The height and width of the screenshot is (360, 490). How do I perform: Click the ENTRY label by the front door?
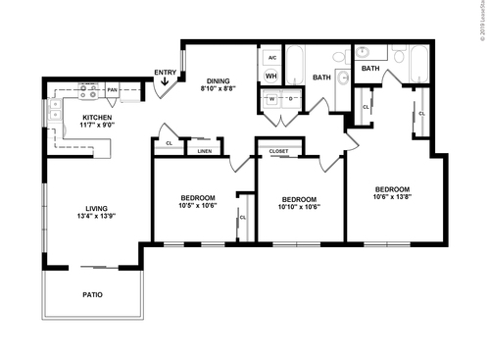click(x=166, y=73)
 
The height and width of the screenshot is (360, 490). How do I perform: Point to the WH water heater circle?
click(x=270, y=77)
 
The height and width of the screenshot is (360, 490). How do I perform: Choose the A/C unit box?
click(x=270, y=57)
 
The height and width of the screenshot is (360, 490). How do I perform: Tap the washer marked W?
click(x=269, y=99)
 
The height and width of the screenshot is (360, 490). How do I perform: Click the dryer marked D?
click(x=290, y=99)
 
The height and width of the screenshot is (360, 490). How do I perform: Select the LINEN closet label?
click(x=204, y=151)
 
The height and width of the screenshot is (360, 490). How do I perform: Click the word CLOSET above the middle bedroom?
click(x=278, y=151)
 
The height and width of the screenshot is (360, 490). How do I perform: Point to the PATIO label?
click(x=92, y=293)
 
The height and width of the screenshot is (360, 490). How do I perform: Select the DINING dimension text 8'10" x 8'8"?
click(x=217, y=89)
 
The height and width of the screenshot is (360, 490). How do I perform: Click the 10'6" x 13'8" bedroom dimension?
click(x=391, y=197)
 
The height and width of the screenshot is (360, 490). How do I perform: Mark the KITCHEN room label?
click(x=96, y=118)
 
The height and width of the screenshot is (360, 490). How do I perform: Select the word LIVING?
click(x=96, y=207)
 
